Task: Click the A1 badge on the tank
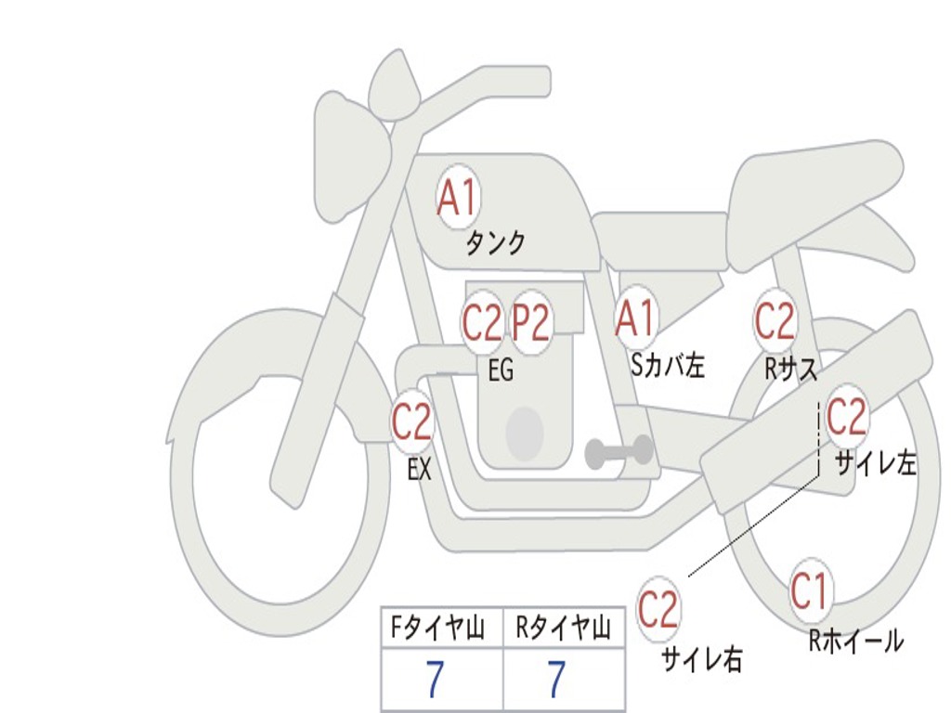click(458, 197)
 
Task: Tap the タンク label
click(495, 243)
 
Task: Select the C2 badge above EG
click(483, 322)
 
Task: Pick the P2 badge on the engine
click(530, 322)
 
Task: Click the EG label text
click(501, 369)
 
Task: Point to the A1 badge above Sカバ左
click(635, 318)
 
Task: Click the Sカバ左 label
click(667, 366)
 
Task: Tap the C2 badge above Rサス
click(775, 320)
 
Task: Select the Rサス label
click(790, 369)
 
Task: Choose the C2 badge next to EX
click(412, 421)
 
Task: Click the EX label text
click(420, 469)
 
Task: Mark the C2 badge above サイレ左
click(846, 417)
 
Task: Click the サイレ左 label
click(876, 464)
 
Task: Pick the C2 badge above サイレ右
click(658, 609)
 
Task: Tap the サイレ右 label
click(702, 659)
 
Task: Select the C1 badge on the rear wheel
click(811, 591)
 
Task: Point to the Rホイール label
click(855, 641)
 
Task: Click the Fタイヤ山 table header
click(437, 629)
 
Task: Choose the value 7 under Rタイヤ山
click(557, 679)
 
